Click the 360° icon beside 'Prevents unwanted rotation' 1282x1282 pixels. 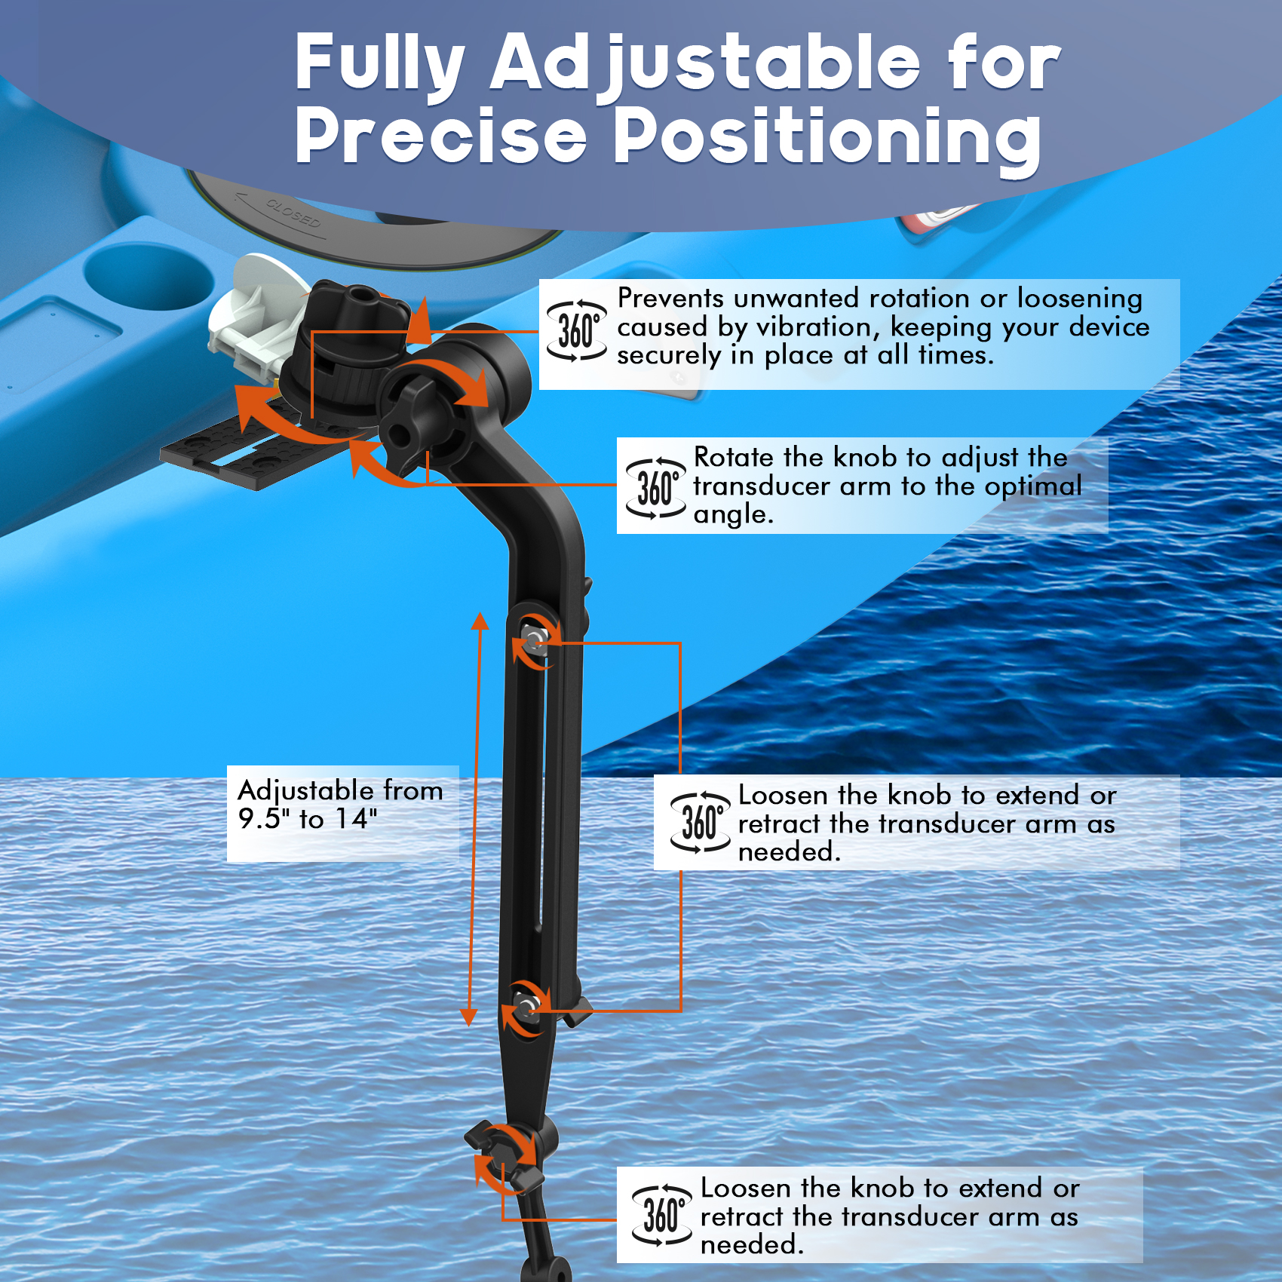point(576,332)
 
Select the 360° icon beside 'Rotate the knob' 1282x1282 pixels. point(655,488)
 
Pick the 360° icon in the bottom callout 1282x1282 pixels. point(661,1216)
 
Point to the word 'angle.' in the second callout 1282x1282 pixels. point(733,515)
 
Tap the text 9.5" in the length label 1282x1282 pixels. point(265,818)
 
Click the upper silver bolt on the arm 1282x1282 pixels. point(535,641)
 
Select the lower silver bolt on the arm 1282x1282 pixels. point(525,1006)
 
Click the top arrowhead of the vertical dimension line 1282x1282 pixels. point(480,620)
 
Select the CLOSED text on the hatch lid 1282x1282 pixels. point(293,213)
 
